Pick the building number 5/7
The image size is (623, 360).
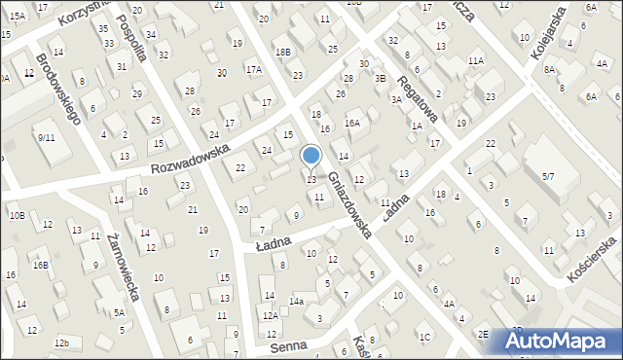[547, 176]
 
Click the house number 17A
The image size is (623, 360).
[254, 69]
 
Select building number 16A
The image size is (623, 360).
[352, 124]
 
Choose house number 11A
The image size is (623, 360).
[475, 60]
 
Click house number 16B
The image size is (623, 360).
[40, 265]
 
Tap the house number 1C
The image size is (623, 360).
[424, 337]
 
